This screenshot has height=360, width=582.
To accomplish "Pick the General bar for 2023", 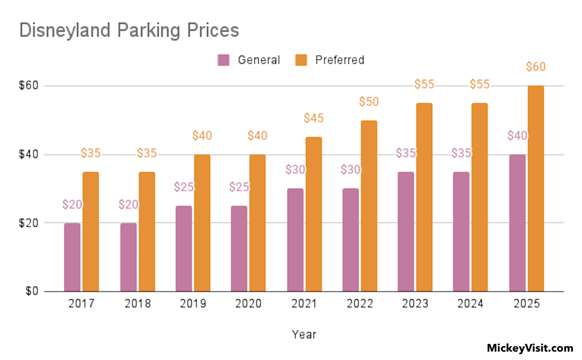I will (406, 232).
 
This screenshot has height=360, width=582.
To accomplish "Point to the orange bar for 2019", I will (202, 223).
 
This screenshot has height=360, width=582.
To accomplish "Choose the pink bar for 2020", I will (239, 249).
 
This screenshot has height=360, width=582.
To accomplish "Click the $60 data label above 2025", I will (536, 67).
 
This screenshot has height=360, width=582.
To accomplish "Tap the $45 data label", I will (314, 118).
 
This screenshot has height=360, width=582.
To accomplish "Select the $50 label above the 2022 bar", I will (369, 102).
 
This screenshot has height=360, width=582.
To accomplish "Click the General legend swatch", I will (223, 60).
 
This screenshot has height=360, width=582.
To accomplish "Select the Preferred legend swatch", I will (301, 60).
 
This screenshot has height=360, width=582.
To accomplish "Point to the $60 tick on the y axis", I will (29, 86).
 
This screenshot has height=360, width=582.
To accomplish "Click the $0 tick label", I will (32, 291).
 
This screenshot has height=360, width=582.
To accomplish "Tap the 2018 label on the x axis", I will (137, 303).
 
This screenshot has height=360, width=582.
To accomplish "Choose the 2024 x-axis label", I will (470, 303).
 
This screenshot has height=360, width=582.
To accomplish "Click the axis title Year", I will (304, 334).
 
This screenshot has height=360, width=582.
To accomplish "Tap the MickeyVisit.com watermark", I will (530, 348).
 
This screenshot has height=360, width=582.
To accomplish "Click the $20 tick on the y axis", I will (29, 223).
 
